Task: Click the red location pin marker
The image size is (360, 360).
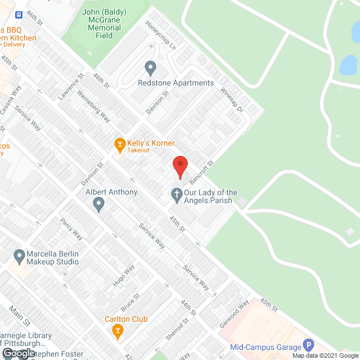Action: [179, 168]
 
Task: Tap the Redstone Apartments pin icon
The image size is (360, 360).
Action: [150, 69]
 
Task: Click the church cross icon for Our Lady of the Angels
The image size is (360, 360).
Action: [176, 196]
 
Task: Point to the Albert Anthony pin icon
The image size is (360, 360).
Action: [99, 204]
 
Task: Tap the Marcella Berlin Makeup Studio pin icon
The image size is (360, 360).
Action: [20, 257]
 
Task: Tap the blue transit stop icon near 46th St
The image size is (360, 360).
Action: [19, 15]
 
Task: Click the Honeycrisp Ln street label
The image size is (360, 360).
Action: [161, 35]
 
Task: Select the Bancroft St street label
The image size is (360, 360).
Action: [202, 173]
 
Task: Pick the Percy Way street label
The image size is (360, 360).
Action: [71, 228]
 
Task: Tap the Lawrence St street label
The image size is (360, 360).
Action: [70, 86]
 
